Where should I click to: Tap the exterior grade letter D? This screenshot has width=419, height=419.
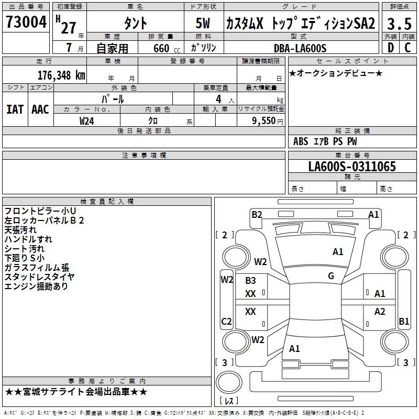point(390,48)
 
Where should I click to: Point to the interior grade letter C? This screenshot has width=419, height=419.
point(407,48)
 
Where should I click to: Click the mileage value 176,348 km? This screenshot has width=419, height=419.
point(61,75)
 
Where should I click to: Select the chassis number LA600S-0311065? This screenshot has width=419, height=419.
point(351,167)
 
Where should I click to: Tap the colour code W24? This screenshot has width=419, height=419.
point(87,120)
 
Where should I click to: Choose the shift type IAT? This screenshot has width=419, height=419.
point(15,109)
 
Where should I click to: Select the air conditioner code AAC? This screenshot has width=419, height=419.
point(40,109)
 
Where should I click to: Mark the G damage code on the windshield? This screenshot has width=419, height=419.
point(331,276)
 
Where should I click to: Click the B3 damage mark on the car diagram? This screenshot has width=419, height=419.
point(250,281)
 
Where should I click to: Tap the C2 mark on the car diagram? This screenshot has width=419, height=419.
point(227,322)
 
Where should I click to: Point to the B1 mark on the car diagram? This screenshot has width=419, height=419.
point(404,322)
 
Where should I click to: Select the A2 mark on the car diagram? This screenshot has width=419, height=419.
point(380,312)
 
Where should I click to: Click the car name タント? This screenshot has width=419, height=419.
point(135,24)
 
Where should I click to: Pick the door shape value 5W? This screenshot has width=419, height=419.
point(204,24)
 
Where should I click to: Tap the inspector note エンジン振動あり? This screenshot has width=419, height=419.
point(36,286)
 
